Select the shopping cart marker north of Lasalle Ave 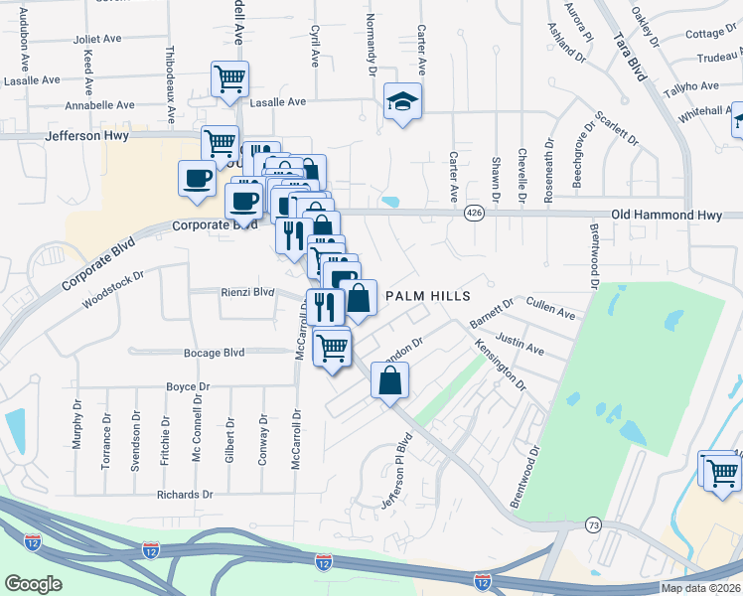click(229, 78)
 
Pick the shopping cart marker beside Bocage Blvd click(332, 348)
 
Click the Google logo click(34, 583)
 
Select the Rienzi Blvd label click(246, 292)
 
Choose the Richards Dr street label click(185, 494)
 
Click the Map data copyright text click(700, 588)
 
